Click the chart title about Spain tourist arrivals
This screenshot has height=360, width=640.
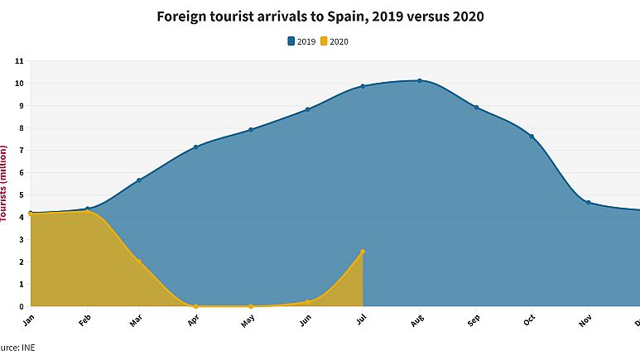[320, 17]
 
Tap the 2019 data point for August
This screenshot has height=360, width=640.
[420, 80]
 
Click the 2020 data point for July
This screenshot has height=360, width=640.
[363, 252]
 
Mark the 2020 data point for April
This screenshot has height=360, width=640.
[195, 306]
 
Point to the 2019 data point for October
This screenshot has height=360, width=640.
[532, 137]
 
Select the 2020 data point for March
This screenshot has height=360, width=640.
[139, 262]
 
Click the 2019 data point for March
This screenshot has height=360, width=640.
[139, 180]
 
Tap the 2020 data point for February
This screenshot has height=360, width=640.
[87, 211]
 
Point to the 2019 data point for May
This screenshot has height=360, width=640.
[251, 129]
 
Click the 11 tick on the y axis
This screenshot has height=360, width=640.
[19, 61]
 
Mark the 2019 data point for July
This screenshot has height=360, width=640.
[363, 86]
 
